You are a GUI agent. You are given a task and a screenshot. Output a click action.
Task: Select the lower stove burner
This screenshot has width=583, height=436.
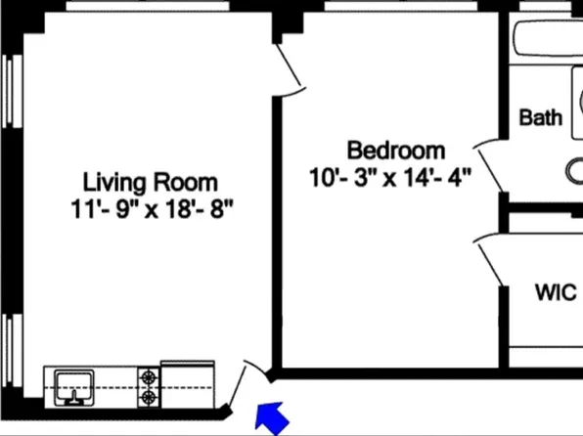coord(149,397)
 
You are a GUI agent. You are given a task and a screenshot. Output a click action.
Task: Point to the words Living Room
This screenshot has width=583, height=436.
coord(150,182)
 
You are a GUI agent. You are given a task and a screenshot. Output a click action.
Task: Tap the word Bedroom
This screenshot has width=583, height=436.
coord(396,151)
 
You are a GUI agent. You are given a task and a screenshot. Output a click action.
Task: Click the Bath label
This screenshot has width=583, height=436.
coord(540,117)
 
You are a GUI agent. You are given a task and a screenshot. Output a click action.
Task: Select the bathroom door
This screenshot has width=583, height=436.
coord(489,166)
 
